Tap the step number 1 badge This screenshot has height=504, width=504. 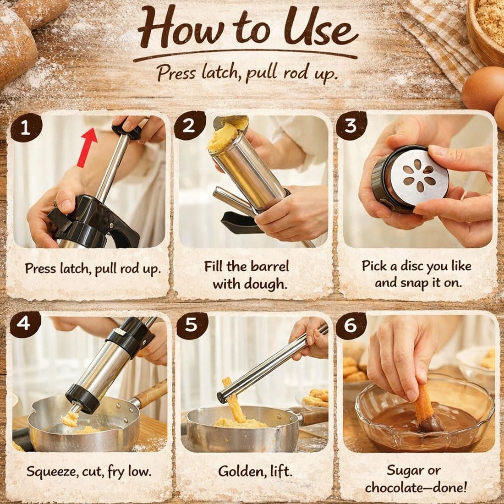(x=26, y=128)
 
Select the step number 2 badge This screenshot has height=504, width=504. (x=190, y=126)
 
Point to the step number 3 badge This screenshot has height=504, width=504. (x=351, y=126)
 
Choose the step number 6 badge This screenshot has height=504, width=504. (x=351, y=326)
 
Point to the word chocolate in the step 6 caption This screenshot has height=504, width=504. (x=397, y=488)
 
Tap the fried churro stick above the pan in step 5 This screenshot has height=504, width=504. (x=234, y=400)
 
